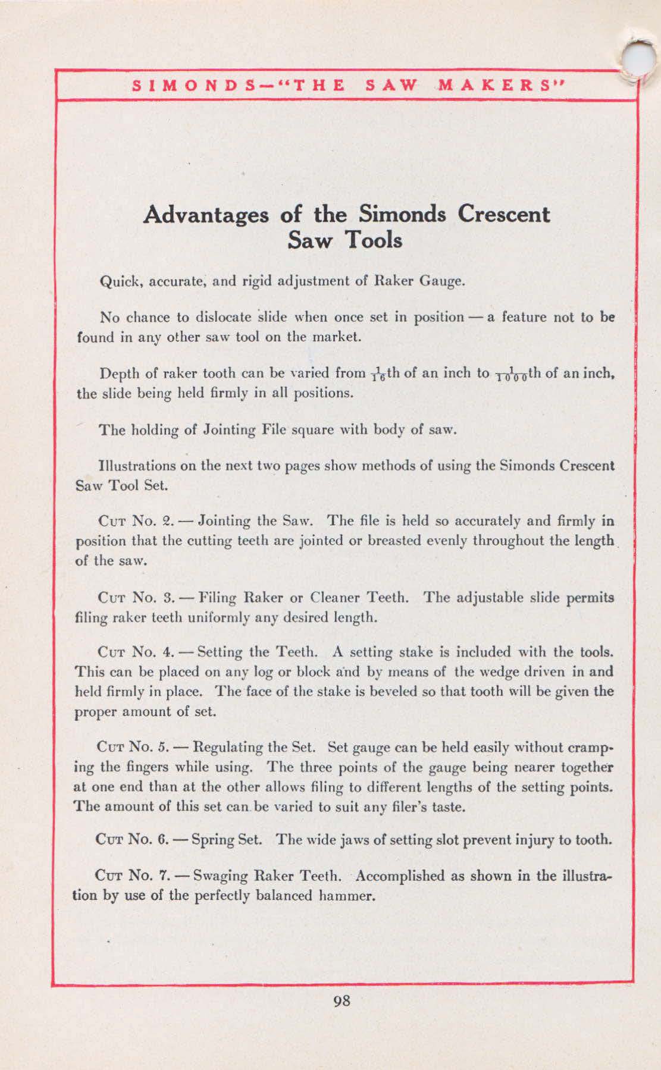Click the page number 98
coord(342,1000)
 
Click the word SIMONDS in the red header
coord(184,85)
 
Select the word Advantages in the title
coord(205,214)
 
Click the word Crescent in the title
coord(503,214)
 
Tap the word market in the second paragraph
coord(337,337)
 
